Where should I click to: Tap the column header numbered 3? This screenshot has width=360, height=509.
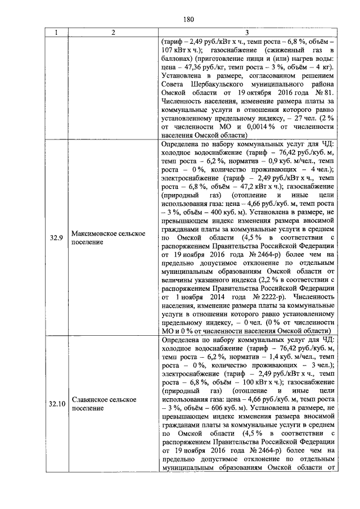point(248,33)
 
